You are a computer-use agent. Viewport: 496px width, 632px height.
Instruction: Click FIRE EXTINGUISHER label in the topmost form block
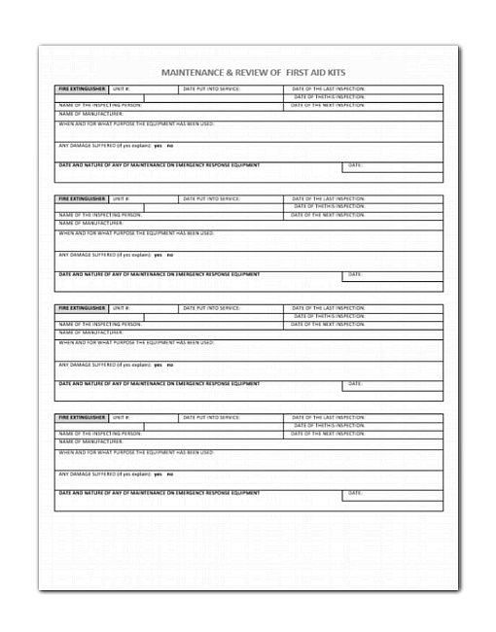click(81, 89)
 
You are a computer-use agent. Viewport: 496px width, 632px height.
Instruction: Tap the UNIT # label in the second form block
click(121, 198)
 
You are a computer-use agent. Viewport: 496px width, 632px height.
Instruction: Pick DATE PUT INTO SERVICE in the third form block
click(211, 308)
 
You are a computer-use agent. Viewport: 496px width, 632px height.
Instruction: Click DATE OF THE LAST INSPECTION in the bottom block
click(329, 417)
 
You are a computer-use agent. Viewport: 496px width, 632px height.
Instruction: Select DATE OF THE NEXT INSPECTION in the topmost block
click(329, 105)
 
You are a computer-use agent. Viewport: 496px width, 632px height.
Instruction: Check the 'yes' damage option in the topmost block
click(158, 146)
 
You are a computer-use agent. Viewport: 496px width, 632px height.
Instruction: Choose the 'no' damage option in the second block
click(170, 255)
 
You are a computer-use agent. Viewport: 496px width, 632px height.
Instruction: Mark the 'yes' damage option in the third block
click(158, 365)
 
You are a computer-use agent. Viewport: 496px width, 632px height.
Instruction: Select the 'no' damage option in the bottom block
click(170, 474)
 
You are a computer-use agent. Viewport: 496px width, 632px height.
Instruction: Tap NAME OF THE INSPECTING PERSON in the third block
click(100, 325)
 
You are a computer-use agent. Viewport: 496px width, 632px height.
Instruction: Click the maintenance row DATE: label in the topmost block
click(355, 165)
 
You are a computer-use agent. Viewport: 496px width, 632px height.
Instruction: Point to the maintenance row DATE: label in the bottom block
click(355, 493)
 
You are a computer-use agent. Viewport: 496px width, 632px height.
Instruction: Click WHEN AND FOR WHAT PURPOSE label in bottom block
click(136, 452)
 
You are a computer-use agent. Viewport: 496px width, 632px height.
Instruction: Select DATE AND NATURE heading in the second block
click(159, 274)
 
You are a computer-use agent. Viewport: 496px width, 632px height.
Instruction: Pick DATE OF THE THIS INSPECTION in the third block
click(329, 316)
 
